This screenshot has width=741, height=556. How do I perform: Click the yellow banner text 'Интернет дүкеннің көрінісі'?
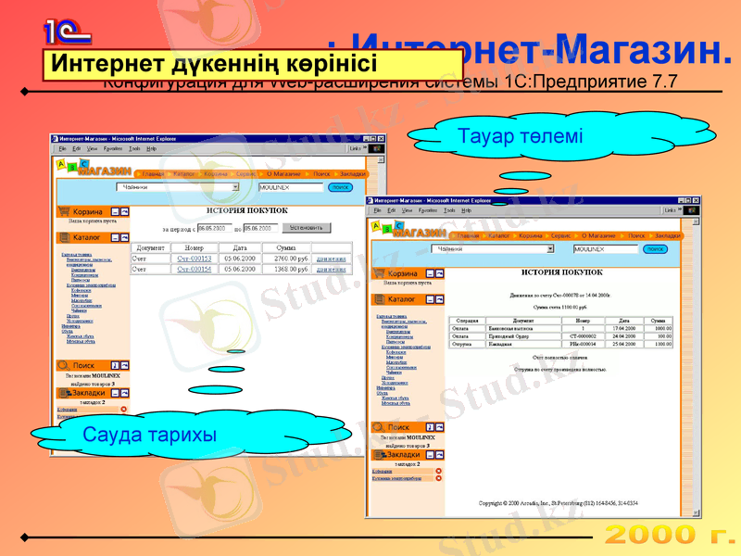click(214, 64)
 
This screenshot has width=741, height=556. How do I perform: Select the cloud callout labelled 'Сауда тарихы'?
click(149, 434)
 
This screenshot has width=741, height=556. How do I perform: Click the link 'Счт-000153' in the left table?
click(195, 259)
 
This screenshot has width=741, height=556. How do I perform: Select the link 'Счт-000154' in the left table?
click(195, 269)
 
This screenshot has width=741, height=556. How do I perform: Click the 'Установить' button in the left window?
click(306, 227)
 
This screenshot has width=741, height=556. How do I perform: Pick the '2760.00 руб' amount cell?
click(285, 259)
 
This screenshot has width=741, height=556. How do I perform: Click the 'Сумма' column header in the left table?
click(285, 247)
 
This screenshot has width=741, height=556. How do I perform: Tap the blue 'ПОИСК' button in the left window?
click(341, 187)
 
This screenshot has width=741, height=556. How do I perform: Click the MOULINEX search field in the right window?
click(604, 248)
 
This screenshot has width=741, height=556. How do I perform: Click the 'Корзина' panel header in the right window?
click(403, 273)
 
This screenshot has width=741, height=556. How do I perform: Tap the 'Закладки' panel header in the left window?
click(90, 393)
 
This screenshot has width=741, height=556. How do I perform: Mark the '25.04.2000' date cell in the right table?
click(626, 344)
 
